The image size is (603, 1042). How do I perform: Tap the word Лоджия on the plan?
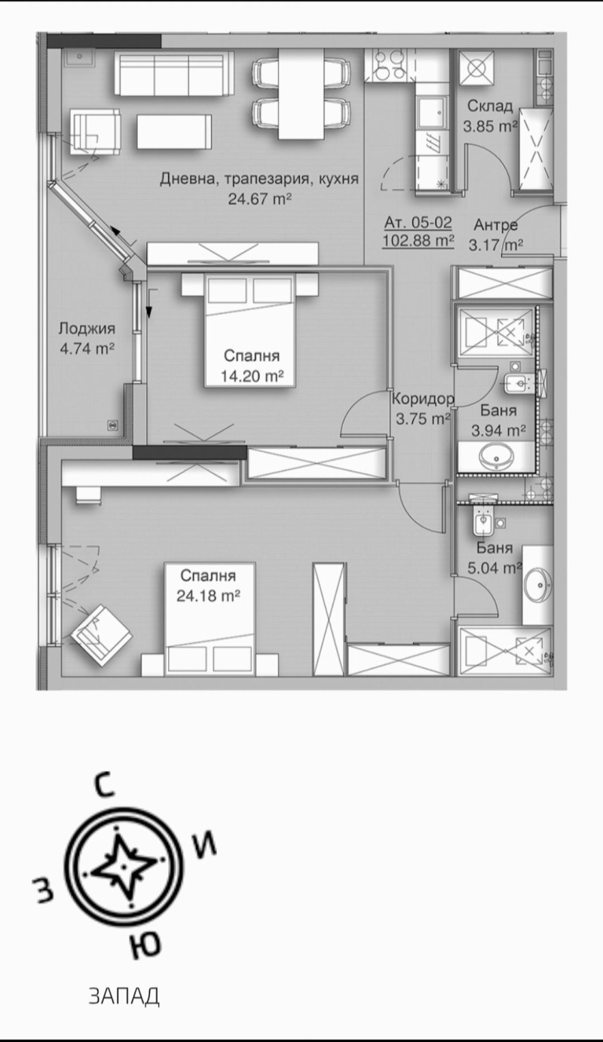[x=87, y=329]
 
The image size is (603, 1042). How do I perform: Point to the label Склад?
[x=489, y=106]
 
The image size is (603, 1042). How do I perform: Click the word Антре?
[x=495, y=225]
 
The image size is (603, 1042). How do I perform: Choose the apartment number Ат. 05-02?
[x=418, y=222]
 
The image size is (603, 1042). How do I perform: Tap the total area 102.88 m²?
[x=418, y=241]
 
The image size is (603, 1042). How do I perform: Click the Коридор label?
[x=423, y=400]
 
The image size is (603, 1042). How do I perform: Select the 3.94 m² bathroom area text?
[x=497, y=431]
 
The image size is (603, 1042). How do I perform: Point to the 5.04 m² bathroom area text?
[x=497, y=568]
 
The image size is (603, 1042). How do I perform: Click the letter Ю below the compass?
[x=142, y=944]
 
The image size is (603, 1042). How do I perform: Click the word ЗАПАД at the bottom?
[x=124, y=996]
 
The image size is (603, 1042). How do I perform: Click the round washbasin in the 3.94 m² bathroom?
[x=495, y=456]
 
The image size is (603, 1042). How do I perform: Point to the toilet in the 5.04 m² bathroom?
[x=480, y=521]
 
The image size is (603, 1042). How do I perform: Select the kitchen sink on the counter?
[x=433, y=114]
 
